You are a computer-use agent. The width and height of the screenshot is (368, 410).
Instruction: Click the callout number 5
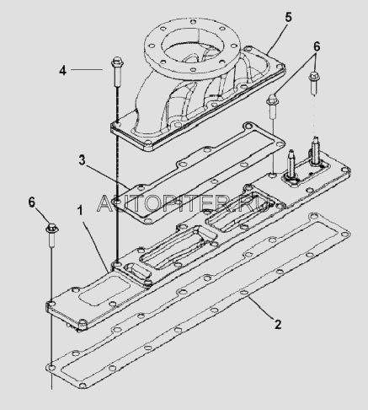[x=288, y=18]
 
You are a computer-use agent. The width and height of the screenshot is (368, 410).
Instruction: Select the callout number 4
[x=62, y=70]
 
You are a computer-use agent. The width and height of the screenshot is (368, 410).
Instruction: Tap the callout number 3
[x=82, y=160]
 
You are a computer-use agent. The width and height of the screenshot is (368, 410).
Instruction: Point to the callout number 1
[x=80, y=211]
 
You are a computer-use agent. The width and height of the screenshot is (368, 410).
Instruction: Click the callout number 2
[x=278, y=325]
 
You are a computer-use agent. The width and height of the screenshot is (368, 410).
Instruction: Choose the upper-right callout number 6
[x=317, y=46]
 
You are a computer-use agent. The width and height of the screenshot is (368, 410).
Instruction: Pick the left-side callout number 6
[x=32, y=202]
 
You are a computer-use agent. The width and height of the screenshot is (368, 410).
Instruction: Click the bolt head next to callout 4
[x=115, y=62]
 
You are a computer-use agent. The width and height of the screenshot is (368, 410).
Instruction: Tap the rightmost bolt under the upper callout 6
[x=314, y=83]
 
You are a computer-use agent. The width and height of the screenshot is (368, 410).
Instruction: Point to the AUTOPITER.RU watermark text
[x=184, y=203]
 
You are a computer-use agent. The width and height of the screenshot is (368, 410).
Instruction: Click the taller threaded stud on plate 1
[x=315, y=149]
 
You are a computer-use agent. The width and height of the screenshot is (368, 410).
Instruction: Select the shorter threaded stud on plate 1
[x=291, y=164]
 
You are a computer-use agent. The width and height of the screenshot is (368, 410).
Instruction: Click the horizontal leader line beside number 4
[x=87, y=69]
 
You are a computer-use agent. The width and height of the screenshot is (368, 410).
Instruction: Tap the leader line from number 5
[x=277, y=39]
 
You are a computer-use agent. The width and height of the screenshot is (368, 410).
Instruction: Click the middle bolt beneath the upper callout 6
[x=271, y=107]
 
